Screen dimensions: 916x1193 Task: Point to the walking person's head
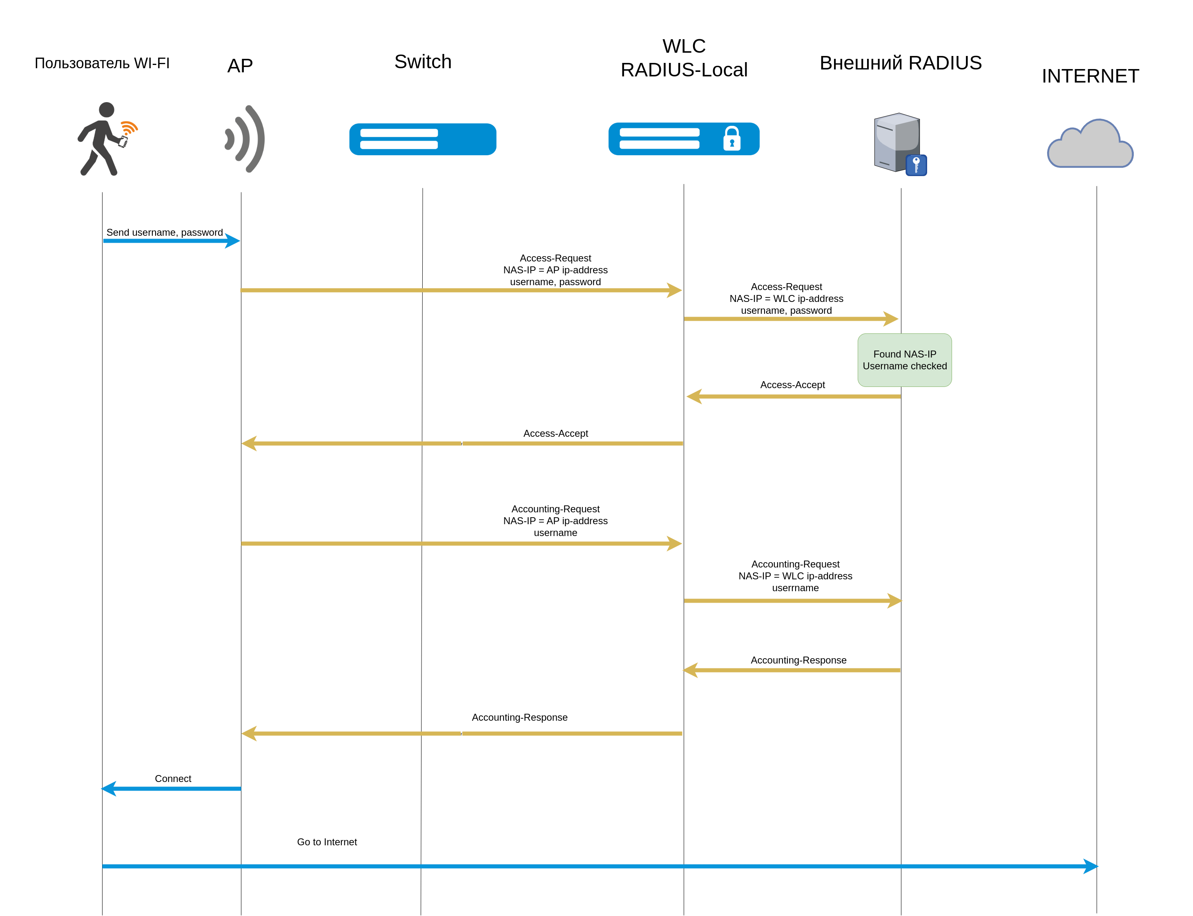[x=107, y=109]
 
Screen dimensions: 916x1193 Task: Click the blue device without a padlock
[x=422, y=139]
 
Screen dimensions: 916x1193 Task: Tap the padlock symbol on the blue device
[x=731, y=139]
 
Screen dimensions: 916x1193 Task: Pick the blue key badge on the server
[x=916, y=165]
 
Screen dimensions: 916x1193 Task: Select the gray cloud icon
[x=1090, y=145]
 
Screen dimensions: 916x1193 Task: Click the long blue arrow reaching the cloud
[x=600, y=866]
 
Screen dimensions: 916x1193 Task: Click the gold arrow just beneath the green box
[x=793, y=396]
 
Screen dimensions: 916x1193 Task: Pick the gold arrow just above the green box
[x=791, y=318]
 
